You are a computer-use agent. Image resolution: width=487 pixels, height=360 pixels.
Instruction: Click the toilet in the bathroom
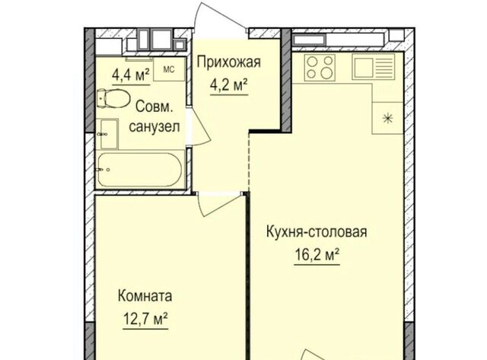point(113,98)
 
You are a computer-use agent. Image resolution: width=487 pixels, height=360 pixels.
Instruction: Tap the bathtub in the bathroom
point(139,169)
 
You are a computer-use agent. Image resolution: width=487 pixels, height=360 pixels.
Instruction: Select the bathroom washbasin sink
point(109,134)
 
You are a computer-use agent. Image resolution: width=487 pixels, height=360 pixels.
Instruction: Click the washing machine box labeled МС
point(169,69)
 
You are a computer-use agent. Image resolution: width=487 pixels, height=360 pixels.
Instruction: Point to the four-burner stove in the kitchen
point(320,68)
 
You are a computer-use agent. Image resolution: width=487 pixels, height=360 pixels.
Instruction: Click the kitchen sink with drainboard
point(373,66)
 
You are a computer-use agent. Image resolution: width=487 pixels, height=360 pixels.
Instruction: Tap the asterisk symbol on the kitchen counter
point(387,118)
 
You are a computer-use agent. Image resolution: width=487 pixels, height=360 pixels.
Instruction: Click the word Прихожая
point(228,62)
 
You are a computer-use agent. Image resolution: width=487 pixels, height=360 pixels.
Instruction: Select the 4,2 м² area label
point(229,85)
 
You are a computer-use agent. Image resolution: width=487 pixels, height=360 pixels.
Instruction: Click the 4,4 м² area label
point(131,75)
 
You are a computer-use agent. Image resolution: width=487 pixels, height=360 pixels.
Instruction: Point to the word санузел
point(154,127)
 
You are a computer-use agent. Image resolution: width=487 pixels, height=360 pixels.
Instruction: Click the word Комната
point(145,296)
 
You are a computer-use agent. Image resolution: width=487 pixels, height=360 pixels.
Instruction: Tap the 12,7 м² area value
point(145,319)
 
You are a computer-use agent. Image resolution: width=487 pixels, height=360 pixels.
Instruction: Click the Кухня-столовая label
point(317,231)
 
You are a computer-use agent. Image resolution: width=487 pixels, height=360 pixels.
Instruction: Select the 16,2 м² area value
point(317,255)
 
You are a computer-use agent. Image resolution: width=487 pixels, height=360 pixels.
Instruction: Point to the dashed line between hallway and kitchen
point(249,161)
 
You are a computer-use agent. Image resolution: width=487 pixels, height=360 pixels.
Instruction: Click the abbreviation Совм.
point(154,107)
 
